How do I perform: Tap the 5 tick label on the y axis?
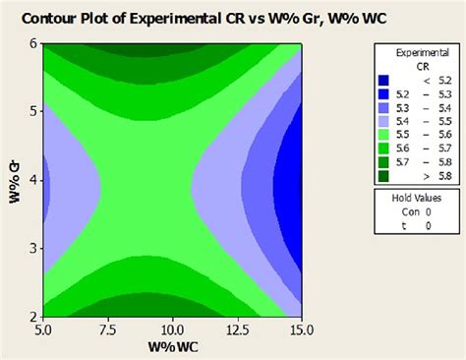[x=32, y=111]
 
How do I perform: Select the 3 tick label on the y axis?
[x=32, y=249]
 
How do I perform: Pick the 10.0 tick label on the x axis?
[x=173, y=327]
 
